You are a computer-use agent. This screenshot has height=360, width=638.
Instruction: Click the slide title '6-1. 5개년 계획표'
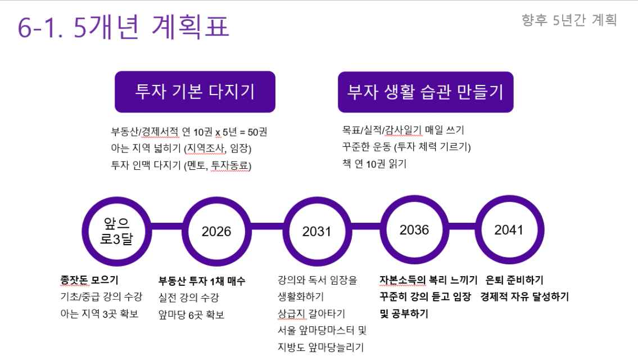[123, 28]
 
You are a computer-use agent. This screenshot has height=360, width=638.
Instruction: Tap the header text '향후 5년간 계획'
[569, 20]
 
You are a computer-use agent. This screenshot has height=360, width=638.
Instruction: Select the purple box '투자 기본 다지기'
[195, 92]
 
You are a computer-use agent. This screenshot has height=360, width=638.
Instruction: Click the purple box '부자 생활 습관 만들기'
[426, 92]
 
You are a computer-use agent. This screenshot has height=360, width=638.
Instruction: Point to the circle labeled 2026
[216, 231]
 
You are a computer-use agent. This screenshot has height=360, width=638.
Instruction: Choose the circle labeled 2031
[316, 231]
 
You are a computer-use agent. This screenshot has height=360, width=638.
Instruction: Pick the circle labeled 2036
[414, 229]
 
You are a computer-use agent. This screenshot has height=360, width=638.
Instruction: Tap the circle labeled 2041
[509, 229]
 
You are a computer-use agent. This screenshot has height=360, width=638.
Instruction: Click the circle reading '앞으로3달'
[116, 231]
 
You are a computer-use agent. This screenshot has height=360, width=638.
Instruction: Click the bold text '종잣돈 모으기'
[89, 280]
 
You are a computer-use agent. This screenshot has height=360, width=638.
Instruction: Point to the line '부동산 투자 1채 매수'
[202, 281]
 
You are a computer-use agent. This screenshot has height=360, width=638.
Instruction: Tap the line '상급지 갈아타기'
[311, 313]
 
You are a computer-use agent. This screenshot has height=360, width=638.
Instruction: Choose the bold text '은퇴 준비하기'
[514, 280]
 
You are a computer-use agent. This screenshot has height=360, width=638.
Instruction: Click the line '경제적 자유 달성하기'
[524, 296]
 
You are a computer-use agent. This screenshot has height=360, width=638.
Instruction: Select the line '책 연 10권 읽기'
[374, 164]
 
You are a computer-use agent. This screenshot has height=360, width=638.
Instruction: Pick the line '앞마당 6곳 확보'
[191, 315]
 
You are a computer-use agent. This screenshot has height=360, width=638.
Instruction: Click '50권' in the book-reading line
[257, 132]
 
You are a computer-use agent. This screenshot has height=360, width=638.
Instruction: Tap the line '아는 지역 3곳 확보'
[99, 314]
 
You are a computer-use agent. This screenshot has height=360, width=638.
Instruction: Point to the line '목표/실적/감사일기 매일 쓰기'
[403, 130]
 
